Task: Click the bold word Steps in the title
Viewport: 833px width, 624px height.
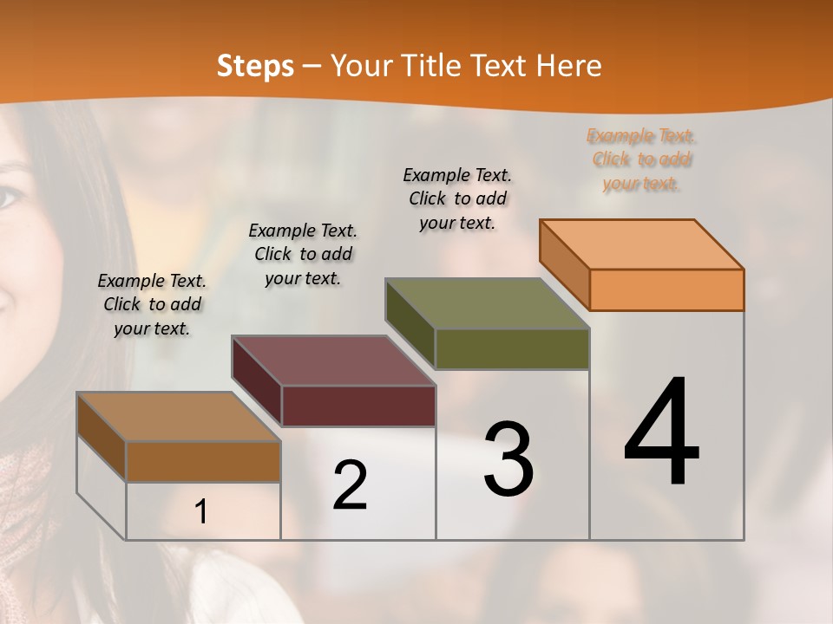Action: point(255,66)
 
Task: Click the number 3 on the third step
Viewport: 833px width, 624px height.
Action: point(508,458)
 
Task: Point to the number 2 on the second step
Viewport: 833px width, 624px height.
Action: point(350,484)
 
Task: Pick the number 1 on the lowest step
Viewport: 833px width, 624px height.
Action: point(201,511)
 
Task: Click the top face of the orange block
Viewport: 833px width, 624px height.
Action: point(640,244)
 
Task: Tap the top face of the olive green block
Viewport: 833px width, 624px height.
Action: point(486,303)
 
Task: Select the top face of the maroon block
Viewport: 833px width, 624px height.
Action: point(332,360)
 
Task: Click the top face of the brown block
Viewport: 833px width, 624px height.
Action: point(178,417)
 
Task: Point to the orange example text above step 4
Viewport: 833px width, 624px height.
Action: point(641,159)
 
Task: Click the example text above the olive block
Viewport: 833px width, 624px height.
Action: point(457,198)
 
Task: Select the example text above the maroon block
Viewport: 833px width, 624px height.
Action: point(303,254)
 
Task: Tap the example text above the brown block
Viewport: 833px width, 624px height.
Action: point(152,304)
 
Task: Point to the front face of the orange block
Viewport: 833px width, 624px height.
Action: point(666,289)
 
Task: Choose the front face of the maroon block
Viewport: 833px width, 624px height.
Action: point(358,406)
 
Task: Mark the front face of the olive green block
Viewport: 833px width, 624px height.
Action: point(512,348)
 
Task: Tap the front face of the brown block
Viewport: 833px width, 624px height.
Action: point(203,461)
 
